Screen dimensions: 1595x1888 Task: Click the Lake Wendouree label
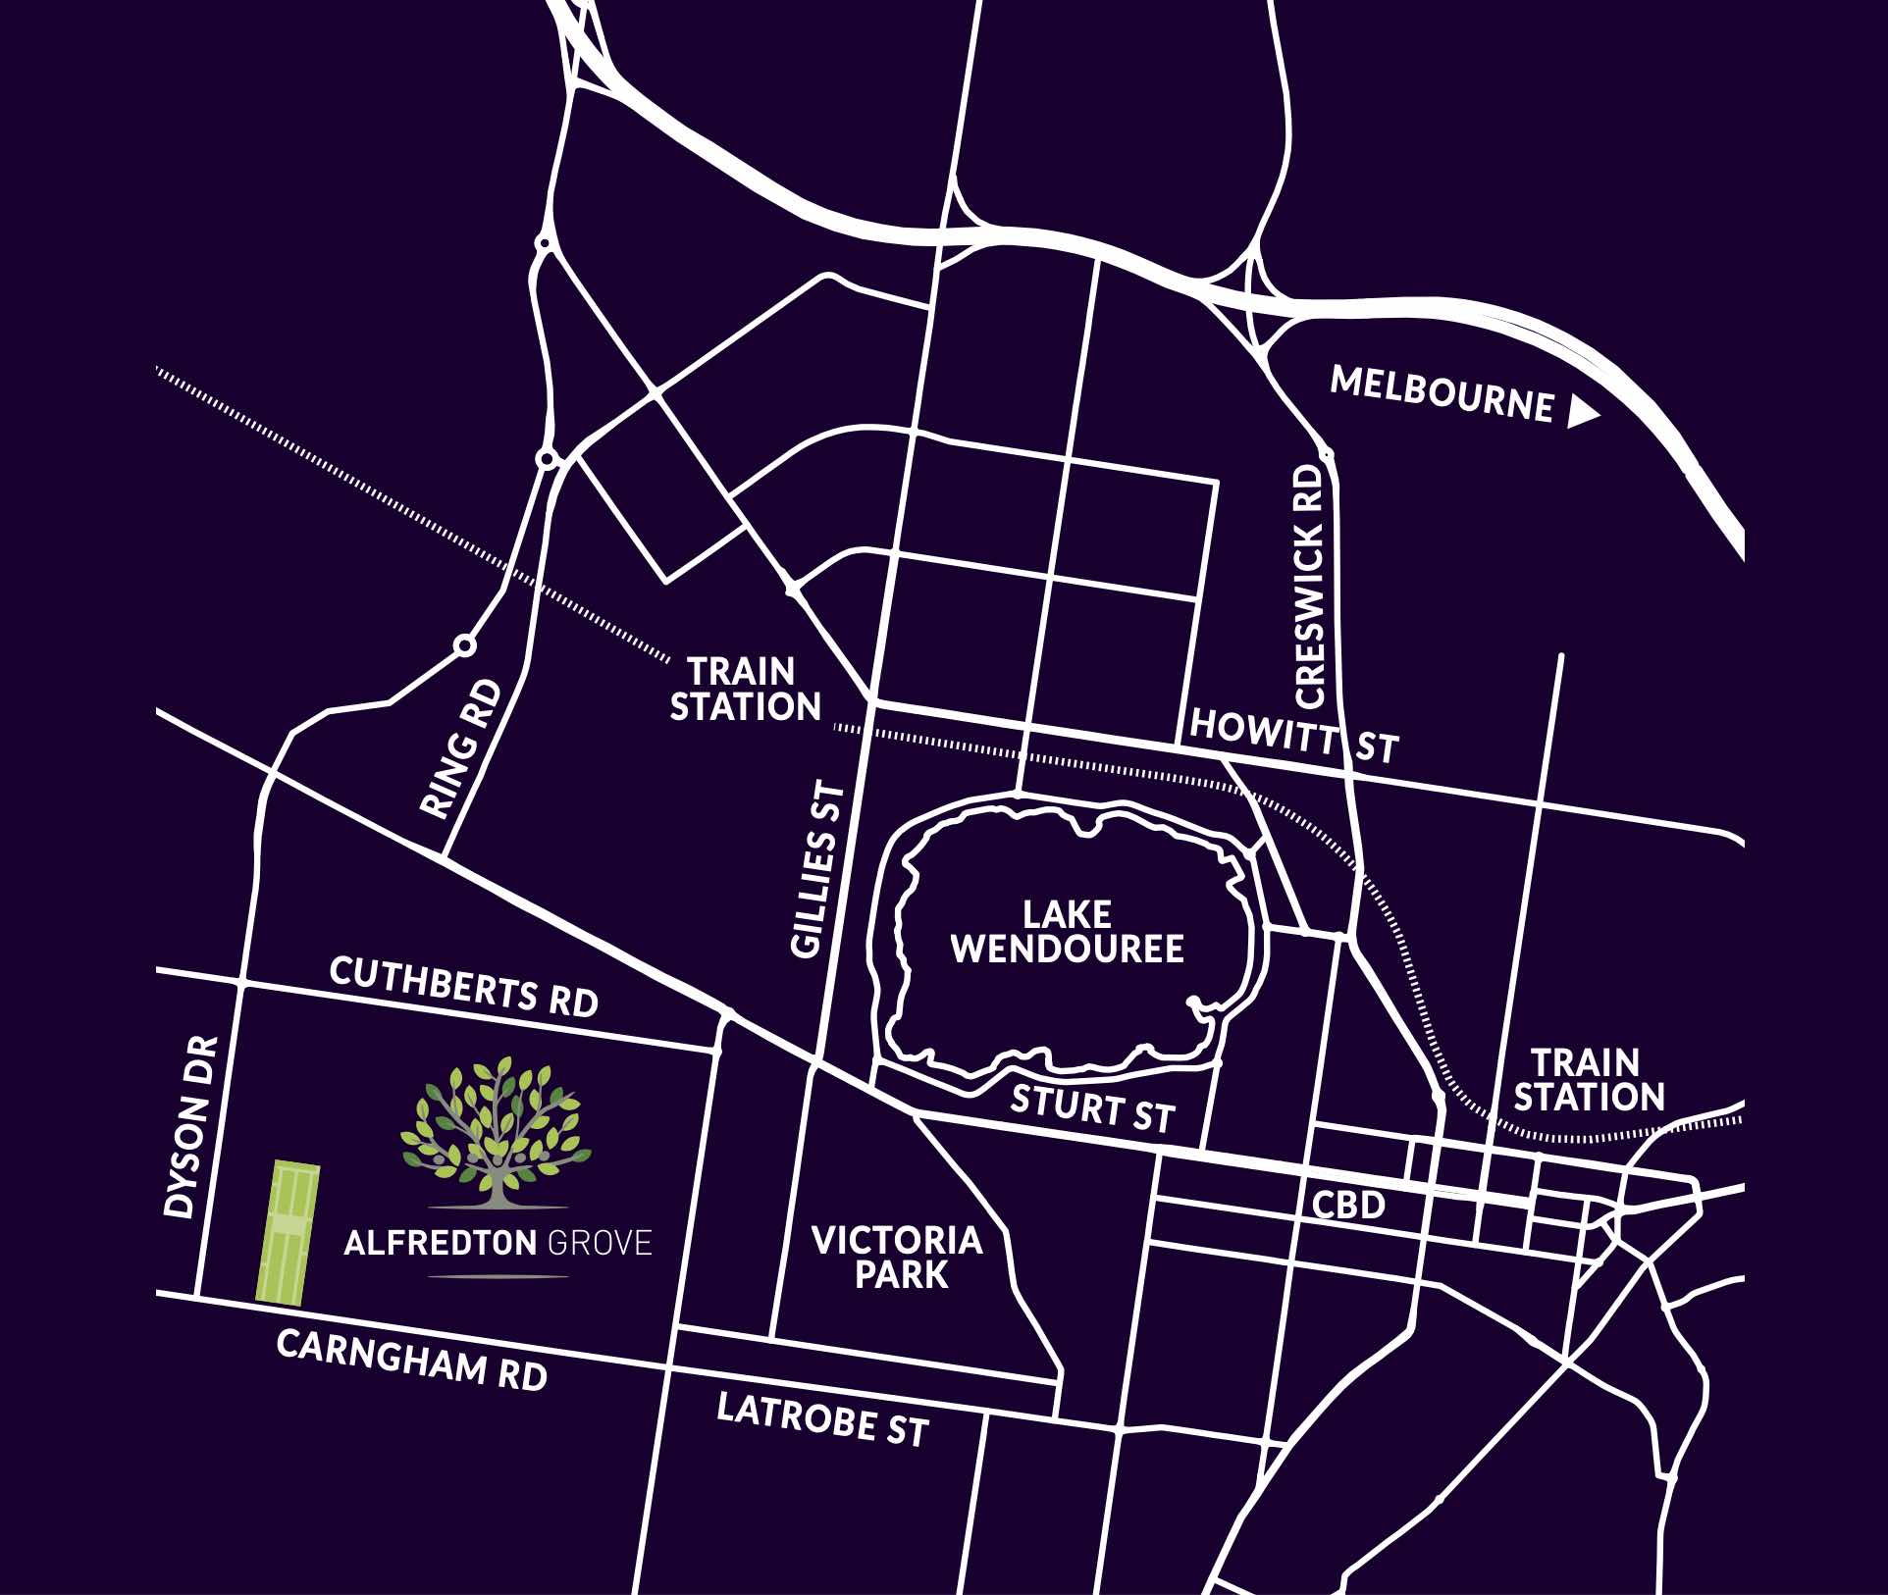[x=1067, y=932]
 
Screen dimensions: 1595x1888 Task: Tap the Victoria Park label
[x=897, y=1258]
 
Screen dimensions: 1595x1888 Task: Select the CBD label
[x=1349, y=1205]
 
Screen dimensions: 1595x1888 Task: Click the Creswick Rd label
[x=1310, y=587]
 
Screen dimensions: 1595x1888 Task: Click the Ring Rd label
[x=461, y=750]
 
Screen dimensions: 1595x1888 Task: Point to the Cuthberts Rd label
[x=463, y=987]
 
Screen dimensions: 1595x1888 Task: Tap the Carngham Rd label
[x=411, y=1361]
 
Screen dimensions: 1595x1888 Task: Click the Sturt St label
[x=1092, y=1109]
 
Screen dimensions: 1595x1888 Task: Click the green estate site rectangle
[x=287, y=1232]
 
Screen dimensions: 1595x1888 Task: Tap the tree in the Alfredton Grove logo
[x=496, y=1130]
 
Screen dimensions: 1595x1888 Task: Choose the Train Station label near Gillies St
[x=745, y=690]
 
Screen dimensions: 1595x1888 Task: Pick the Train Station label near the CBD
[x=1589, y=1080]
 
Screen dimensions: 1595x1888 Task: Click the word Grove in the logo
[x=599, y=1244]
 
